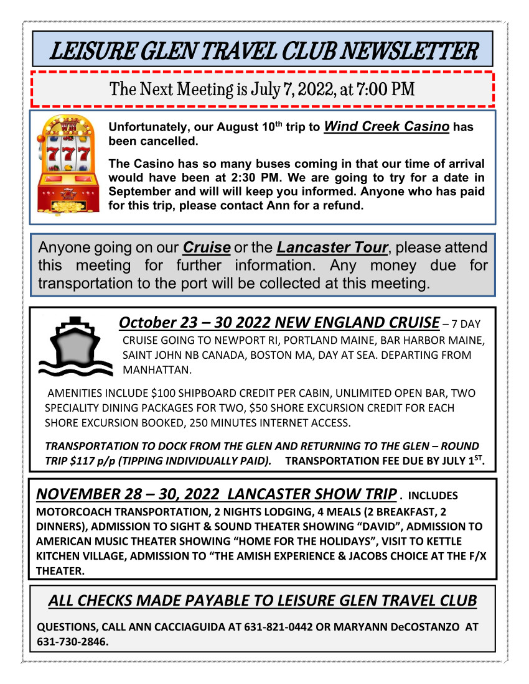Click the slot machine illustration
pos(68,166)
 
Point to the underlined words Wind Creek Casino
pos(386,127)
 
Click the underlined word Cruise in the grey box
pos(207,247)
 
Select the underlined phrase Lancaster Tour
pos(332,247)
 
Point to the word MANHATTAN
pos(156,369)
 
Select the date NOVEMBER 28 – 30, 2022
pos(128,494)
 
